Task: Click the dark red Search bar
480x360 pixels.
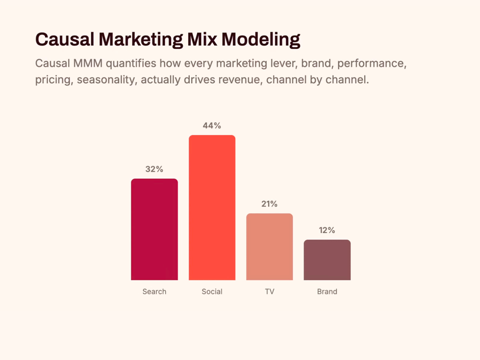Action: tap(154, 229)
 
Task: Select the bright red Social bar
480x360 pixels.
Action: tap(212, 208)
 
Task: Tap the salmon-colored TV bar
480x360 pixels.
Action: tap(270, 247)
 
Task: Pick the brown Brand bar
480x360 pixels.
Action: tap(327, 260)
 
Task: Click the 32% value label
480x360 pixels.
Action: tap(154, 169)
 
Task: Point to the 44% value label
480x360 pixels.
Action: tap(212, 126)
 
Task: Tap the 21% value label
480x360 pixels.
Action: tap(270, 204)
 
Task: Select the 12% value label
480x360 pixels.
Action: tap(327, 230)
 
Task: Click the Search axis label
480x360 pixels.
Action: tap(154, 292)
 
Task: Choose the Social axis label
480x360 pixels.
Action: tap(212, 292)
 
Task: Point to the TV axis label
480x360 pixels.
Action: tap(270, 292)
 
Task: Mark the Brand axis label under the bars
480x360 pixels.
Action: tap(327, 292)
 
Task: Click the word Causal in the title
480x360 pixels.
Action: tap(65, 39)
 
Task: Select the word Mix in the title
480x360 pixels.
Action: tap(202, 39)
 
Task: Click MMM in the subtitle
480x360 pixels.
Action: tap(88, 63)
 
